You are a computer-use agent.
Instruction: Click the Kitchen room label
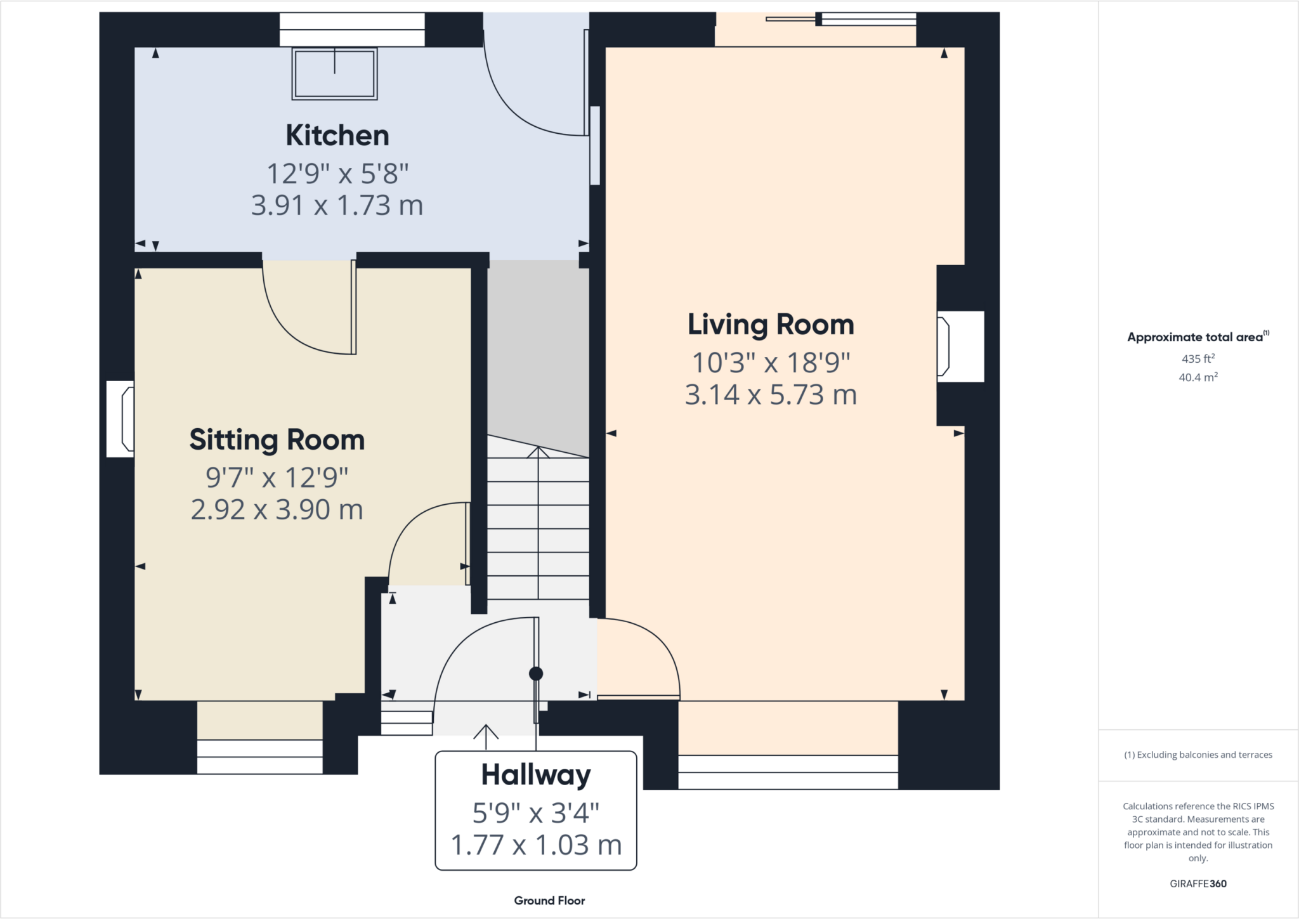337,136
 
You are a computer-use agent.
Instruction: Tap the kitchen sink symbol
334,74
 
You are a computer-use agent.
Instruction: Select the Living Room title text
771,325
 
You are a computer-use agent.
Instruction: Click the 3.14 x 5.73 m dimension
771,394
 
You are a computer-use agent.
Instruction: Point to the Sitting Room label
277,440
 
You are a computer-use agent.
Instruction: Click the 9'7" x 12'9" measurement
277,478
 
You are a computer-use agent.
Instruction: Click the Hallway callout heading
536,774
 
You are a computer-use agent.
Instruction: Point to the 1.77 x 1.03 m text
536,845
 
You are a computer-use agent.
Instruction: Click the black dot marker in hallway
536,674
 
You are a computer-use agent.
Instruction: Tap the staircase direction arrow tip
538,448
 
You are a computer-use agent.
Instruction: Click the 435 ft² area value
1198,358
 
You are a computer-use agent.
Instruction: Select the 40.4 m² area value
1198,377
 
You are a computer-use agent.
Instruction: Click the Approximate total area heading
1198,337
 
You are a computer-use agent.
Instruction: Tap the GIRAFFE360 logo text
1198,883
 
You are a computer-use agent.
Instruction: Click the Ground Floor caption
549,901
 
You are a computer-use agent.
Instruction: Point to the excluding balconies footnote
1198,755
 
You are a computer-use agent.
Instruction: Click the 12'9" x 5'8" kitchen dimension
337,173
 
